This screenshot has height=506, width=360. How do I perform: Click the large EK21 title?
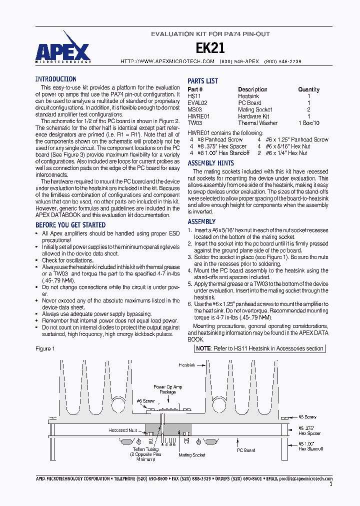[x=210, y=48]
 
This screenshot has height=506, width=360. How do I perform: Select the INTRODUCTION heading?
[x=55, y=79]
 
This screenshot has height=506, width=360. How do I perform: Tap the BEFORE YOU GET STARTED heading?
[x=70, y=225]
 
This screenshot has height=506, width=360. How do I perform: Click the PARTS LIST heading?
[x=202, y=81]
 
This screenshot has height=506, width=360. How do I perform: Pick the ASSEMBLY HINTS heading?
[x=210, y=163]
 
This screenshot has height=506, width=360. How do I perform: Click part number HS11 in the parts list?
[x=193, y=96]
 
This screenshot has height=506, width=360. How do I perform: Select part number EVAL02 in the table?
[x=197, y=102]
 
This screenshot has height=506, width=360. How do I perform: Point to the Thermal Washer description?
[x=255, y=123]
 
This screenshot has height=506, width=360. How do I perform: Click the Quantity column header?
[x=308, y=89]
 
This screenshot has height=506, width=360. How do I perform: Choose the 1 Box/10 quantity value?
[x=308, y=123]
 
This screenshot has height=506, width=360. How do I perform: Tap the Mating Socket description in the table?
[x=254, y=109]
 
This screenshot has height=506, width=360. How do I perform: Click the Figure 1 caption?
[x=45, y=348]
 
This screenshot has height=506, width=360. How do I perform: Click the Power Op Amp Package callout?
[x=167, y=389]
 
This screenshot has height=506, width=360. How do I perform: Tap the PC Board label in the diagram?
[x=245, y=450]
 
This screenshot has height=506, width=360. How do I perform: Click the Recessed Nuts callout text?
[x=122, y=430]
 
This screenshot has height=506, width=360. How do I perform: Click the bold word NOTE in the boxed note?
[x=203, y=348]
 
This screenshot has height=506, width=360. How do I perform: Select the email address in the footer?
[x=305, y=478]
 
